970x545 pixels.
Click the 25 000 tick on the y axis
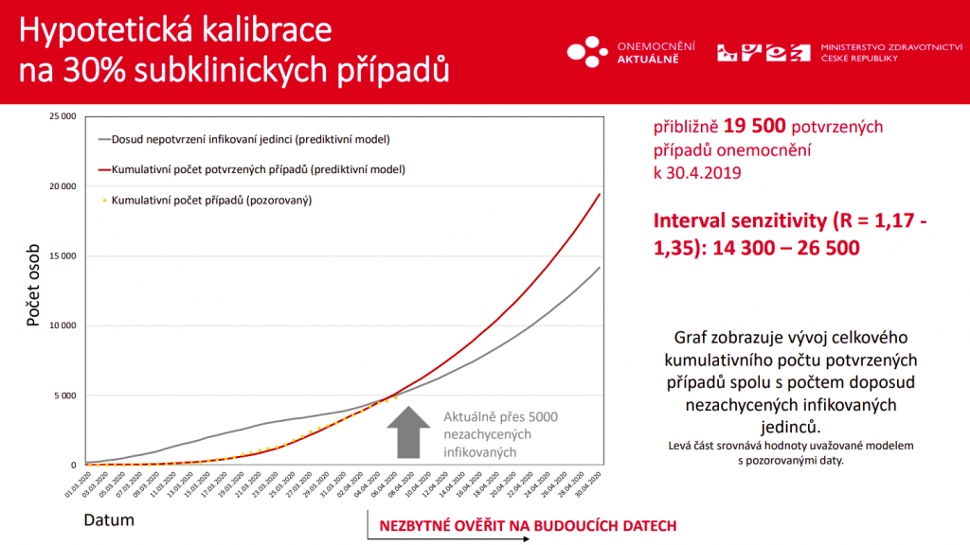point(63,116)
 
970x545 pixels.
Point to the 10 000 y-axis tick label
point(63,325)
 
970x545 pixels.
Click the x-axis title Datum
point(109,519)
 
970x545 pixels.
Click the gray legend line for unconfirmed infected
point(103,140)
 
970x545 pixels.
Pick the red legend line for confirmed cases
point(103,170)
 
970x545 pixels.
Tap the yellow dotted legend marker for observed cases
point(103,201)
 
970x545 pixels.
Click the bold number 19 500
point(756,126)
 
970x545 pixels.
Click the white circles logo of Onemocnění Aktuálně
point(587,51)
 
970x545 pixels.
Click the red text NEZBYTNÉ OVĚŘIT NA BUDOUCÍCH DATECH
point(529,526)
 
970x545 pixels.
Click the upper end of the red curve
point(599,194)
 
